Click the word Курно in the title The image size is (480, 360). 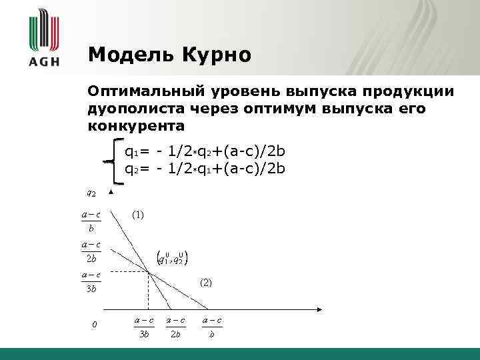pyautogui.click(x=215, y=55)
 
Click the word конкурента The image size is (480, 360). pyautogui.click(x=136, y=125)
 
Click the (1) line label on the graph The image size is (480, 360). pyautogui.click(x=137, y=215)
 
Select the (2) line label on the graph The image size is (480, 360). pyautogui.click(x=206, y=283)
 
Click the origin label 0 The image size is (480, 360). pyautogui.click(x=95, y=325)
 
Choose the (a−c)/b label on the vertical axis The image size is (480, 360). pyautogui.click(x=91, y=221)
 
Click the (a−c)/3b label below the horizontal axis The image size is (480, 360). pyautogui.click(x=144, y=327)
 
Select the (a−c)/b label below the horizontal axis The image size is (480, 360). pyautogui.click(x=211, y=327)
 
